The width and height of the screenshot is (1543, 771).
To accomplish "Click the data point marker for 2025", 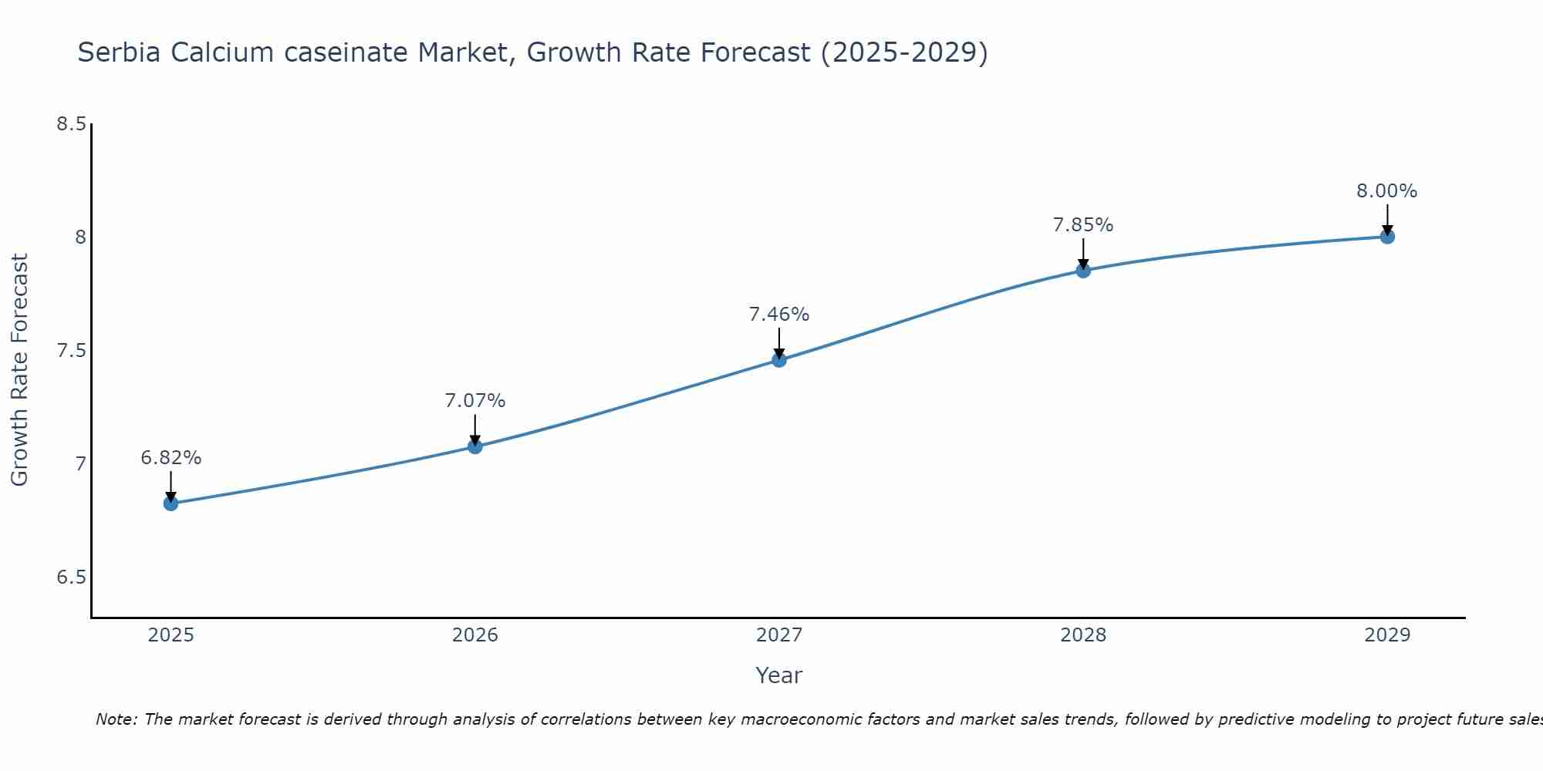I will click(x=171, y=503).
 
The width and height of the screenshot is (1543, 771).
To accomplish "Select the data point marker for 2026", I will click(x=475, y=446).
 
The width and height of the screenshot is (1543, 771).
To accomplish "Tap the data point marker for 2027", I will click(x=779, y=359).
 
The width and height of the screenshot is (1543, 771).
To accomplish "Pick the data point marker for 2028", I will click(x=1083, y=271).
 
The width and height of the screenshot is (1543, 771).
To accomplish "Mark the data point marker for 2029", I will click(x=1387, y=237).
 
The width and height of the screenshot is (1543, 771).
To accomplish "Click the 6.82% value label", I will click(x=171, y=458).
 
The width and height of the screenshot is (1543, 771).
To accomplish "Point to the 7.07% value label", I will click(x=475, y=401).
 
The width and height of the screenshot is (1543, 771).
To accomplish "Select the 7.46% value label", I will click(x=779, y=315).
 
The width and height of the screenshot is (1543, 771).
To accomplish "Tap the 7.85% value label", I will click(x=1083, y=225).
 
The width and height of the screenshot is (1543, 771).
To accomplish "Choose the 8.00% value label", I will click(x=1387, y=191).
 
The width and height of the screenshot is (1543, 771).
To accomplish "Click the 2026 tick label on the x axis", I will click(x=475, y=635).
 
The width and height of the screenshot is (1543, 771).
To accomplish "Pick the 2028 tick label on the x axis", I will click(x=1083, y=635).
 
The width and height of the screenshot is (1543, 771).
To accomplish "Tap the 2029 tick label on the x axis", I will click(x=1387, y=635).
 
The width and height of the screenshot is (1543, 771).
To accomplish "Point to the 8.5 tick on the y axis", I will click(x=71, y=124).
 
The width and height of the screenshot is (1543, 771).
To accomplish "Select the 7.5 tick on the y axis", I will click(x=71, y=351).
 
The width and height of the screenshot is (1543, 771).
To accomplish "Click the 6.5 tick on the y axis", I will click(x=71, y=577).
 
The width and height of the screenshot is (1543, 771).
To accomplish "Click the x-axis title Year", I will click(x=779, y=675).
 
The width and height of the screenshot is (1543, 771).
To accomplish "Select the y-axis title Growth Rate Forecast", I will click(x=19, y=370).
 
